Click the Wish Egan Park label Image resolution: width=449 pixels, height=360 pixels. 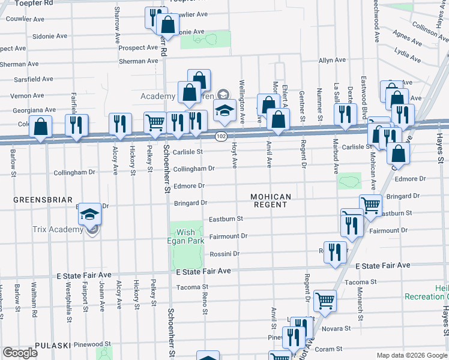[x=186, y=236]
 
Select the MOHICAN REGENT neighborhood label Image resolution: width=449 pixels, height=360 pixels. [x=271, y=200]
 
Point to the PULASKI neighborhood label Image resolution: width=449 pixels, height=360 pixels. [x=53, y=345]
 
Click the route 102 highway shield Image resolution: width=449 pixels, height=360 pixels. [x=221, y=137]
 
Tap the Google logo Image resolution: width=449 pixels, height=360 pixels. [x=19, y=353]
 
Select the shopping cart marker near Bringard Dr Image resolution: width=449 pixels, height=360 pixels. [x=370, y=205]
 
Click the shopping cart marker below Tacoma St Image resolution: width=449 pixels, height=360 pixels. [x=325, y=300]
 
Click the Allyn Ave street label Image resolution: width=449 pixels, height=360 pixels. [x=332, y=60]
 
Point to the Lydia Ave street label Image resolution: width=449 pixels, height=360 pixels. [x=407, y=55]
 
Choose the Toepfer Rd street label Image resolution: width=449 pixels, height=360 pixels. [x=36, y=3]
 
